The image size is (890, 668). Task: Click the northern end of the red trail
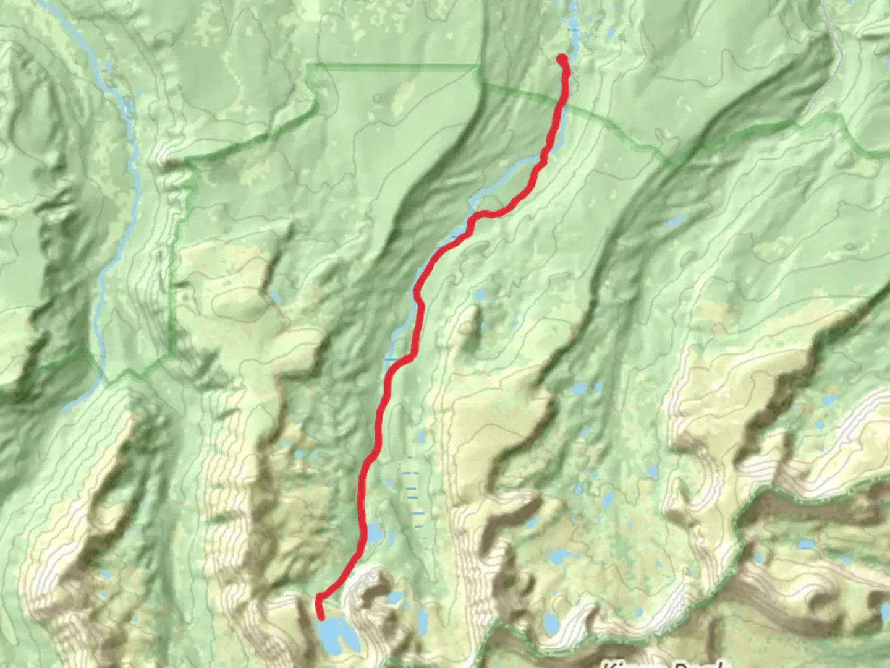coord(562,59)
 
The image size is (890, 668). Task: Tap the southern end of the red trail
coord(321,617)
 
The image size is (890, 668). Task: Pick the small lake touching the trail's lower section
coord(373,532)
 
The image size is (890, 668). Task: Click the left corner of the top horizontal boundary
coord(307,64)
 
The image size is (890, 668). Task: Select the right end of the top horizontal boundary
coord(477,65)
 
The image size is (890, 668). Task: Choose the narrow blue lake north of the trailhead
coord(572,25)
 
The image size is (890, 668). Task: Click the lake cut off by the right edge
coord(885,612)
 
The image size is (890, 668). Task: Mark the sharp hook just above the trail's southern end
coord(320,597)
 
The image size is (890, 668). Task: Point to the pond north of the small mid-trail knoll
coord(481,296)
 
